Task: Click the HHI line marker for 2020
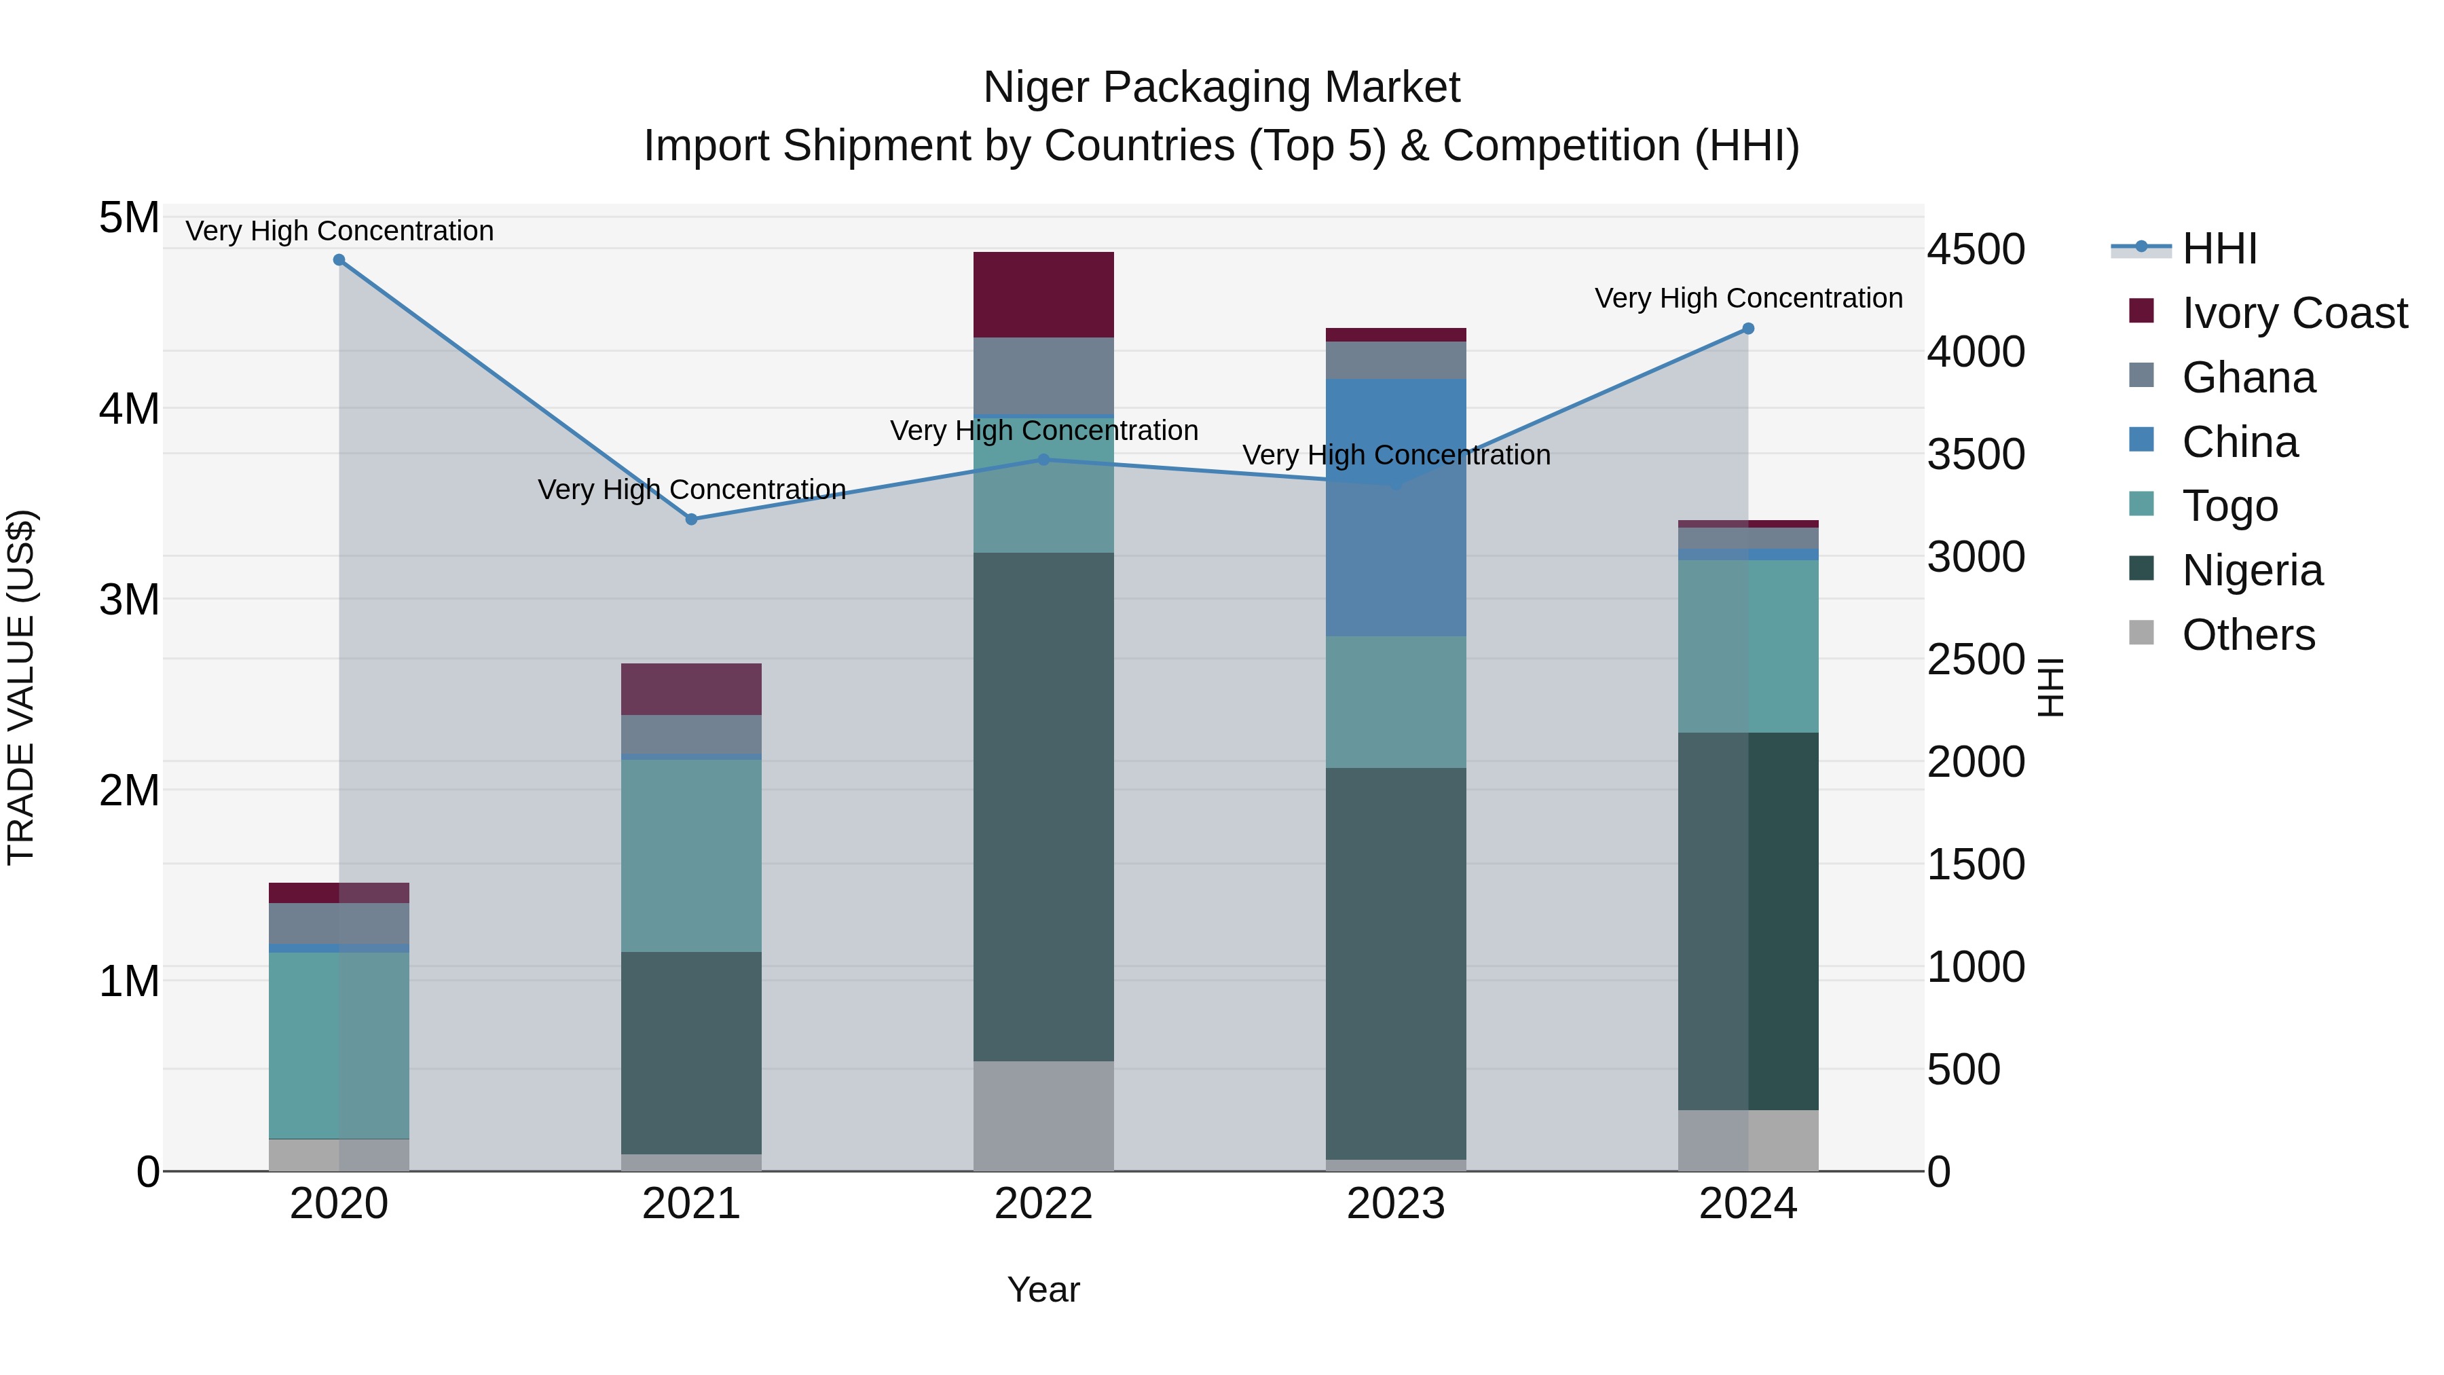click(339, 260)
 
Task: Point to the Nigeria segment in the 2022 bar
click(1043, 807)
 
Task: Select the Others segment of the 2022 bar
click(1043, 1115)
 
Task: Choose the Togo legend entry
click(2229, 506)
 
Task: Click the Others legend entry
click(2248, 635)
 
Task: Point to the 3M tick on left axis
click(129, 600)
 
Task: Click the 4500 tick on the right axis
click(1976, 250)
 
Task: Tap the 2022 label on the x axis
click(1043, 1204)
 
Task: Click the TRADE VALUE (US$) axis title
click(21, 687)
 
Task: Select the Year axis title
click(1043, 1289)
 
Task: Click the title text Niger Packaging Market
click(1221, 88)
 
